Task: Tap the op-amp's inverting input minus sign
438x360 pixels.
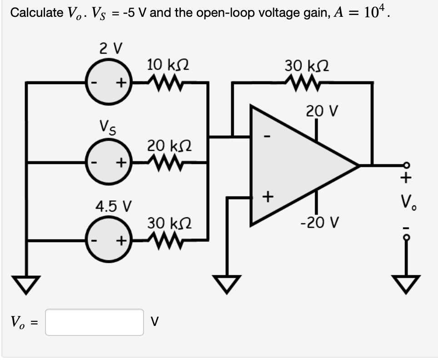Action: click(268, 135)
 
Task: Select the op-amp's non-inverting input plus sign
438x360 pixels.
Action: click(268, 197)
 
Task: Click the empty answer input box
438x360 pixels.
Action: click(95, 322)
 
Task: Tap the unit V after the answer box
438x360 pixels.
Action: click(154, 322)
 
